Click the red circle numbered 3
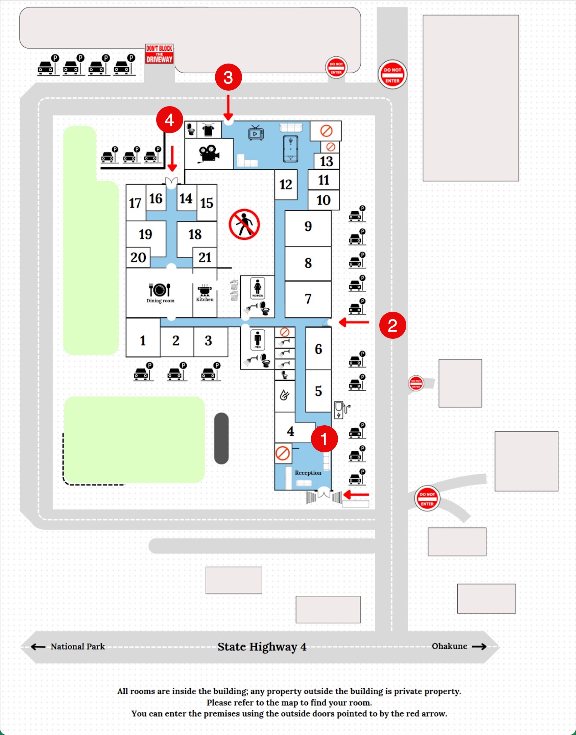[228, 77]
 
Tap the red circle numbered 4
[169, 120]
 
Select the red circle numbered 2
[392, 325]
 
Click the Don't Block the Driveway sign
[159, 54]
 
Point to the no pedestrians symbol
[244, 224]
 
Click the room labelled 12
[286, 185]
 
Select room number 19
[145, 234]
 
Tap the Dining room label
[160, 301]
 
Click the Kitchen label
[205, 299]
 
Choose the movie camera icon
[209, 154]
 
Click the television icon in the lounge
[256, 133]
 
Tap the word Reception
[308, 473]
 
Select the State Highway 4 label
[262, 646]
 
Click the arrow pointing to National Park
[38, 647]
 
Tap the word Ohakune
[449, 646]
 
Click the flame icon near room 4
[284, 395]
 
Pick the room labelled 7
[308, 299]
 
